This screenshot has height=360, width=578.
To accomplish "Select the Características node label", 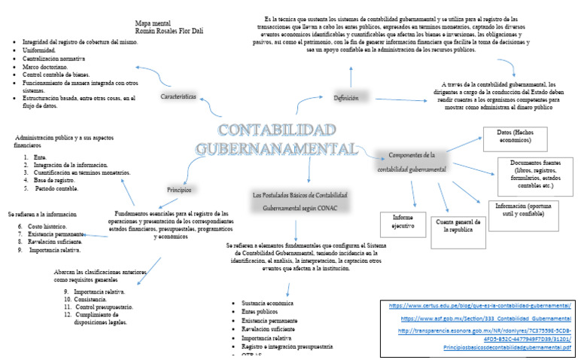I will pos(178,97).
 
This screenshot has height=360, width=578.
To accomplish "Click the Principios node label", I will pos(179,189).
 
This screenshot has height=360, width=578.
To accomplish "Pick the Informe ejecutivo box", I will pos(403,221).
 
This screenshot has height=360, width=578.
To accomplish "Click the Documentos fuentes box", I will pos(536,172).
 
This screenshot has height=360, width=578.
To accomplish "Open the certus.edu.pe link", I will pos(480,305).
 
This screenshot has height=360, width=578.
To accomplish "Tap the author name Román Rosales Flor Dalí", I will pos(169,32).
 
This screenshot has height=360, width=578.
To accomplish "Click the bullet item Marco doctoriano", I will pos(49,66).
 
